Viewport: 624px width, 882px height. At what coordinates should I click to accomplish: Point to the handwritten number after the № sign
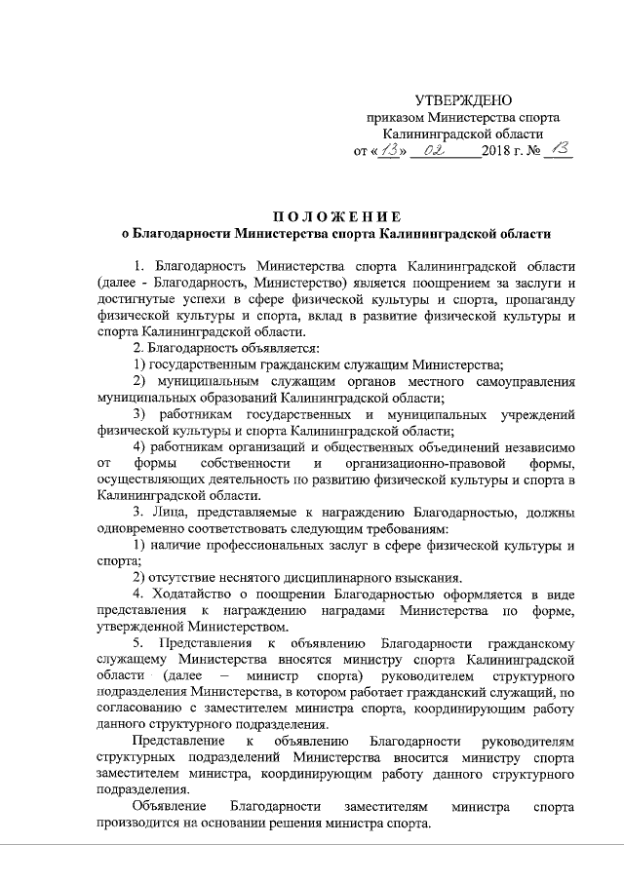coord(559,150)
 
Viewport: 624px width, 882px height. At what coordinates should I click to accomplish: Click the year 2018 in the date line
coord(496,153)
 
